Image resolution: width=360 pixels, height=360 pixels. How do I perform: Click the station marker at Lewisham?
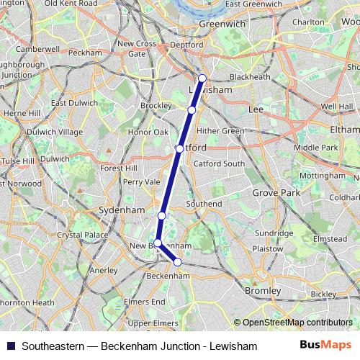coord(202,78)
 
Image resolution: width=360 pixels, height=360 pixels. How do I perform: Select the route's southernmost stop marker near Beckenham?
coord(178,262)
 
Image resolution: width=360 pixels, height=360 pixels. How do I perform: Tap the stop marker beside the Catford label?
coord(179,149)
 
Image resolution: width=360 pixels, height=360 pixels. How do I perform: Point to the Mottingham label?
coord(321,176)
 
